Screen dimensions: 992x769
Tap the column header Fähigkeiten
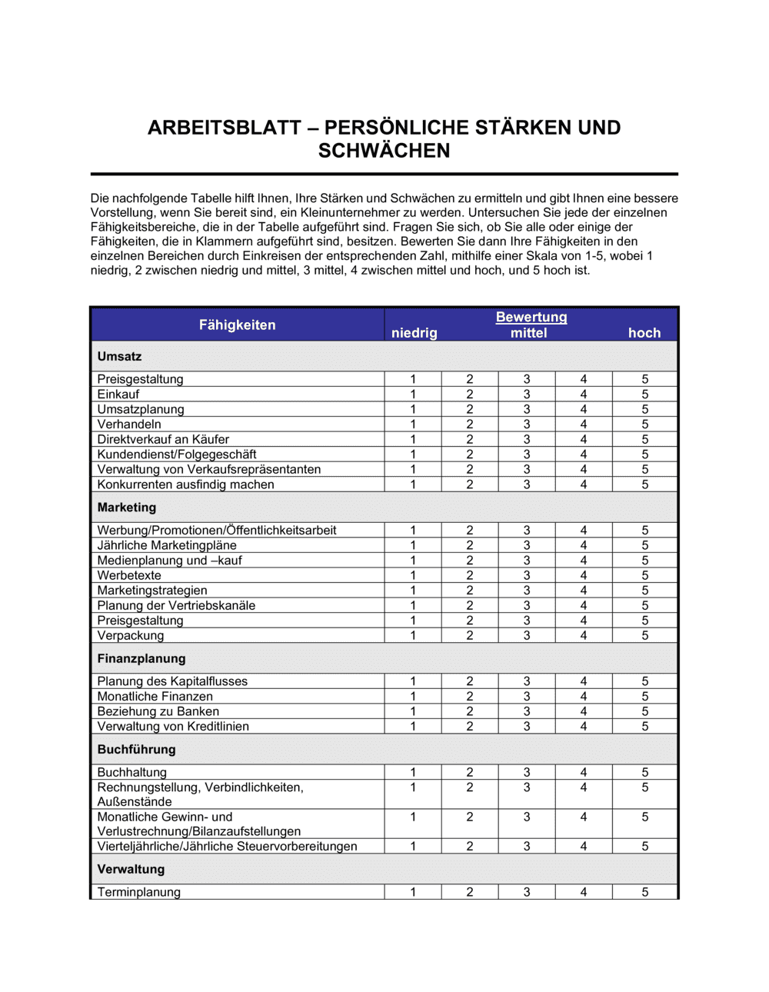(237, 325)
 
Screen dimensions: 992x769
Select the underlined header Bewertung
(531, 317)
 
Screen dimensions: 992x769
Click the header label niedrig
(414, 333)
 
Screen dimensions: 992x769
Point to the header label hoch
(644, 333)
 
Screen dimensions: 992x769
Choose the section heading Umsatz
(119, 357)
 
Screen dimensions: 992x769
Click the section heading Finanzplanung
(141, 659)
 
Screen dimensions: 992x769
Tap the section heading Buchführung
(136, 750)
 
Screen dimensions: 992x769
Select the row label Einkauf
(118, 394)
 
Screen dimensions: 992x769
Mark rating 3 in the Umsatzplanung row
(527, 409)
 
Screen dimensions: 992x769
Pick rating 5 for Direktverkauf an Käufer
(645, 440)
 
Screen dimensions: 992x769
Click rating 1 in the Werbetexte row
(413, 575)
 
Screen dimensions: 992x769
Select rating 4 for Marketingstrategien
(584, 591)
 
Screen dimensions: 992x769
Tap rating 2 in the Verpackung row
(470, 636)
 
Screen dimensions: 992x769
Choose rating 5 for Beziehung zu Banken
(645, 711)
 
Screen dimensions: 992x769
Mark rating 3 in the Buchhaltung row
(527, 772)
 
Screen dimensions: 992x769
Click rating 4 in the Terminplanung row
(584, 892)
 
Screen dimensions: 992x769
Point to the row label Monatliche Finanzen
(155, 697)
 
